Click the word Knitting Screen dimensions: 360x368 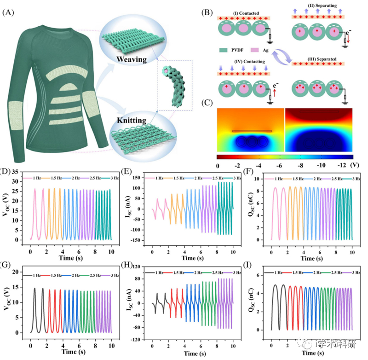pos(131,121)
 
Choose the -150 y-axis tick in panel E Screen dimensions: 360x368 pos(138,240)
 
